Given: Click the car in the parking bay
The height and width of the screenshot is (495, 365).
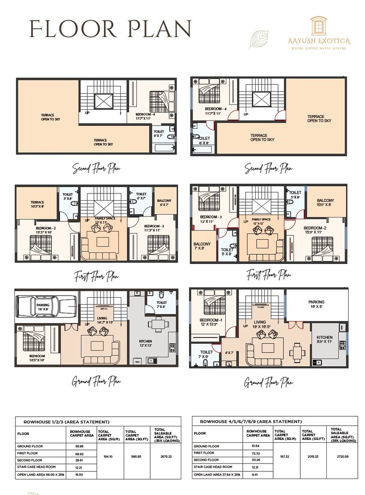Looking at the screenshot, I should pyautogui.click(x=46, y=306).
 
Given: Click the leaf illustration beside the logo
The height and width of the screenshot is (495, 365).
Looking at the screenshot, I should pyautogui.click(x=258, y=39).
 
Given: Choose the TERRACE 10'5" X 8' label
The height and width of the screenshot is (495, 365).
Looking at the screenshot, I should pyautogui.click(x=37, y=204).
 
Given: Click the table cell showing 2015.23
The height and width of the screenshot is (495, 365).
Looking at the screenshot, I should pyautogui.click(x=311, y=456).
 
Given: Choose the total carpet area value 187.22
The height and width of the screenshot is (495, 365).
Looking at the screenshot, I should pyautogui.click(x=283, y=456).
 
